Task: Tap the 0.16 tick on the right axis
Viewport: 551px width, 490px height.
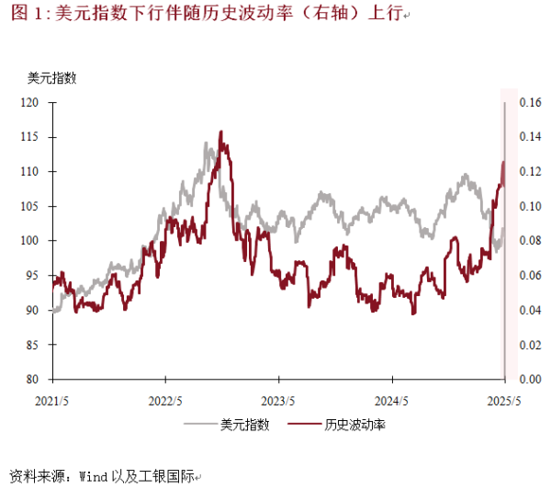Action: (532, 103)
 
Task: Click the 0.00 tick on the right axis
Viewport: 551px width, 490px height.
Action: (532, 379)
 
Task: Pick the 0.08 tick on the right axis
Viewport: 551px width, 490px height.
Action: (532, 241)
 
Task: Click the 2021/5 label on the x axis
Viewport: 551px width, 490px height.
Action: (52, 401)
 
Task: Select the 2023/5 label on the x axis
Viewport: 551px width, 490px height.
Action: (278, 401)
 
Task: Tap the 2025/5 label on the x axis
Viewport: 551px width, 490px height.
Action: (504, 401)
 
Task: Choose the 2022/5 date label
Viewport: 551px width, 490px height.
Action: (165, 401)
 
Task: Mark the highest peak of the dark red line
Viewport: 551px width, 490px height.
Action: (221, 132)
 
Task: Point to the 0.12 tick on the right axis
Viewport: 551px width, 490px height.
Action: (532, 172)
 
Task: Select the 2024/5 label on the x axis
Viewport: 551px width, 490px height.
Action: (391, 401)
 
